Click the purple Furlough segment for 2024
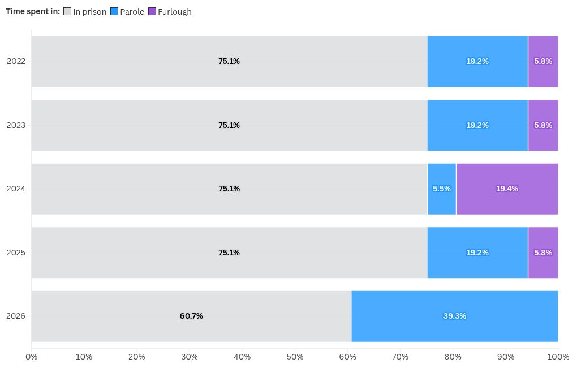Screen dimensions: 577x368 507,189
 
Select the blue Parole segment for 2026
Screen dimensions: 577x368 455,316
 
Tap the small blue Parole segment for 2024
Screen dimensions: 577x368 442,189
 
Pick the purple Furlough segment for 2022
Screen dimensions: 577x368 543,62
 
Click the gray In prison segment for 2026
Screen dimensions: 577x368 191,316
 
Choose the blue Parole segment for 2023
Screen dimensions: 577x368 477,125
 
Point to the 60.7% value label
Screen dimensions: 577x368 191,316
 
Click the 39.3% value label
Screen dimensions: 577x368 455,316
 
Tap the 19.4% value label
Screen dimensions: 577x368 507,189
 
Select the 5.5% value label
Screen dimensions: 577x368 442,189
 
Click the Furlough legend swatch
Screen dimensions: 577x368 152,11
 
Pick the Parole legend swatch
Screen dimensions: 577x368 114,11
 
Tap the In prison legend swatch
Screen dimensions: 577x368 67,11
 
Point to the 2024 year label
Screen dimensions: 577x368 16,189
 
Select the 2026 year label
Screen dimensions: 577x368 16,316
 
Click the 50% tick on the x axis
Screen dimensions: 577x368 295,357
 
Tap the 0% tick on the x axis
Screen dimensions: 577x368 31,357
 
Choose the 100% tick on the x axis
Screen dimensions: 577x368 558,357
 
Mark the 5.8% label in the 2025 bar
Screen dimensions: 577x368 543,253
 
